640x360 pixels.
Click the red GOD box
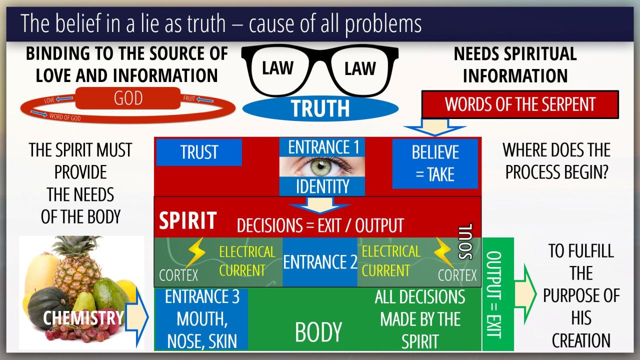[x=128, y=98]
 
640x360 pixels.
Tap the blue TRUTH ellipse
[x=320, y=108]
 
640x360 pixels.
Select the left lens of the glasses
[x=278, y=69]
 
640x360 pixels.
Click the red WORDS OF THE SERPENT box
[x=520, y=104]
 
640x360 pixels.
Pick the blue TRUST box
[x=199, y=152]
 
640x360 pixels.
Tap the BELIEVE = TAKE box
[x=434, y=163]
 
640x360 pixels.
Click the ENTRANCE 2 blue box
[x=320, y=262]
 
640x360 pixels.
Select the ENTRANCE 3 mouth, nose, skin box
[x=202, y=318]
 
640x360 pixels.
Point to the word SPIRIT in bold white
[x=187, y=220]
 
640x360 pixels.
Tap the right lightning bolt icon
[x=444, y=252]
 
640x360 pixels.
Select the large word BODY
[x=318, y=332]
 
